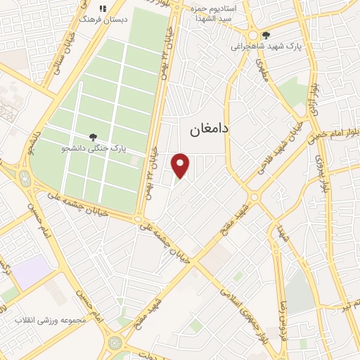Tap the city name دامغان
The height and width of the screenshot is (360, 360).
pyautogui.click(x=210, y=130)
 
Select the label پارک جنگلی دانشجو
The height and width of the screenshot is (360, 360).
pyautogui.click(x=94, y=149)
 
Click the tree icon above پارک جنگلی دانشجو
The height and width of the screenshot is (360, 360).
pyautogui.click(x=94, y=137)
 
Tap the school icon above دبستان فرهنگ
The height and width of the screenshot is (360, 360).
pyautogui.click(x=103, y=8)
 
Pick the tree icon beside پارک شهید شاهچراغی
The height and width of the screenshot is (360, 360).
pyautogui.click(x=265, y=35)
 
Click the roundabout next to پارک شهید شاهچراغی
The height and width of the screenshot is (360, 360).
pyautogui.click(x=251, y=34)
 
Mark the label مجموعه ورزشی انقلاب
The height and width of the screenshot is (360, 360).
pyautogui.click(x=50, y=320)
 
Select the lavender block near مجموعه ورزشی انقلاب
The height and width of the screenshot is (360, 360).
pyautogui.click(x=32, y=273)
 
